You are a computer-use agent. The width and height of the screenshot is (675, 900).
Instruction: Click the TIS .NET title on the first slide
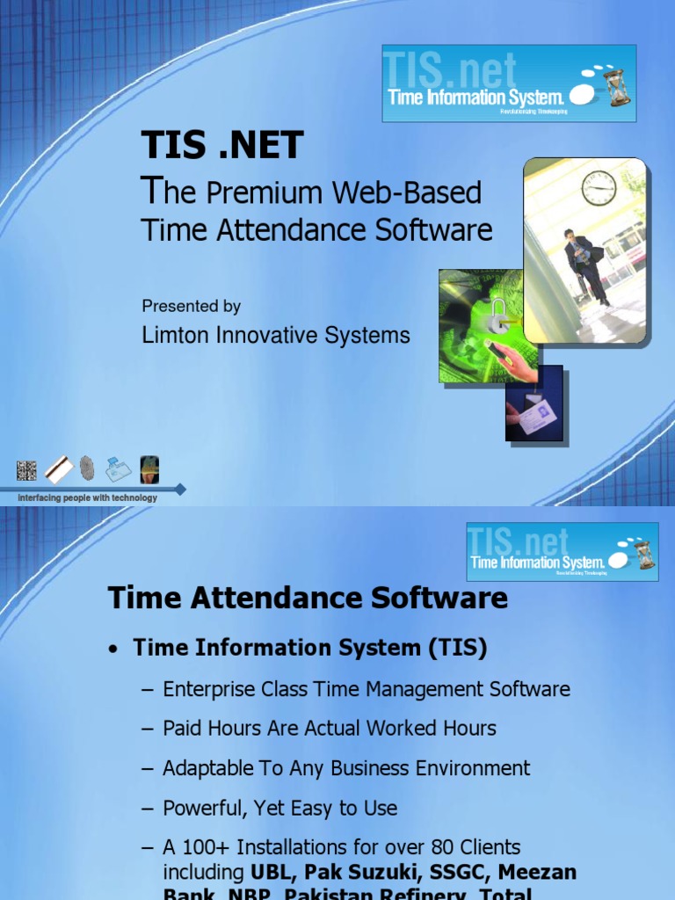coord(222,145)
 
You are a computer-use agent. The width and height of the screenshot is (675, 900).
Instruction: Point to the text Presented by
coord(191,306)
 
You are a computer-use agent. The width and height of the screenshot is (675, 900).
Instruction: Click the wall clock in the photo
coord(599,188)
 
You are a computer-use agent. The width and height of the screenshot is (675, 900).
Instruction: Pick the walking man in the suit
coord(583,264)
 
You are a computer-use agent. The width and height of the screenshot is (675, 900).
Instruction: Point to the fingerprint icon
coord(86,468)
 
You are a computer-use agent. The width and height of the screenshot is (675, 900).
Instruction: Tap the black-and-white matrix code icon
coord(26,470)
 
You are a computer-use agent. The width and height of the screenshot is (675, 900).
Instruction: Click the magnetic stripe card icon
coord(58,469)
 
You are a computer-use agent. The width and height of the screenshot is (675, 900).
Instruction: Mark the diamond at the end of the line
coord(180,489)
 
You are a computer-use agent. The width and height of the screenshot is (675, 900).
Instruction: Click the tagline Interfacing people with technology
coord(88,498)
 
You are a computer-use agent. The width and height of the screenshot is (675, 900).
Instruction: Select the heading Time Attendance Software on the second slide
coord(308,599)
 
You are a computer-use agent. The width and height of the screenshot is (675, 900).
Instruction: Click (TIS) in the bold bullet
coord(458,649)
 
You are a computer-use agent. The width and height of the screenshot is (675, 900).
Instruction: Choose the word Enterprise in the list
coord(206,689)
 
